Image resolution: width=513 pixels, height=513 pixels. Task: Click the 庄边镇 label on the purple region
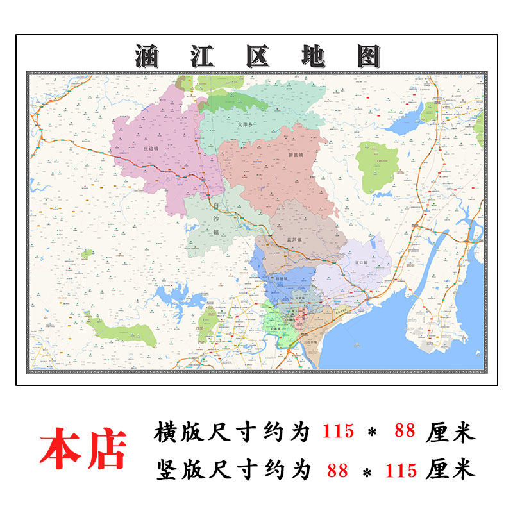(149, 147)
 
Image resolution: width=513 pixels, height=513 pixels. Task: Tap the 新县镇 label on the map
(295, 155)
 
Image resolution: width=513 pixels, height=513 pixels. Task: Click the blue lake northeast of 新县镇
(403, 125)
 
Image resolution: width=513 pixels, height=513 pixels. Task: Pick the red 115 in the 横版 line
(338, 431)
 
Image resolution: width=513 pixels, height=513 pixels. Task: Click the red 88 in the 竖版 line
(337, 471)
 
